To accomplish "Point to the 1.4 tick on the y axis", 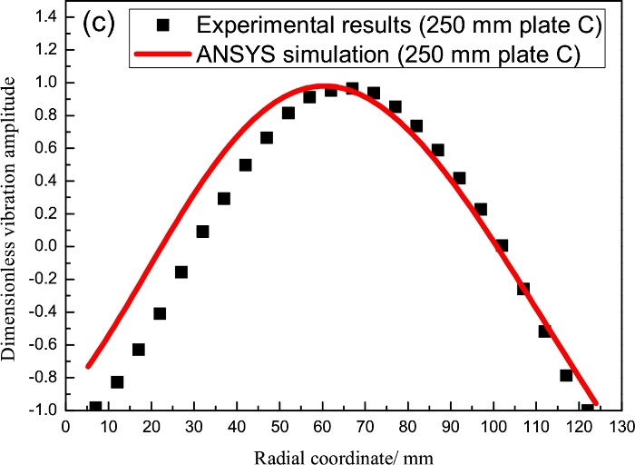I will (x=43, y=16).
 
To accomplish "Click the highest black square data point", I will (x=352, y=88).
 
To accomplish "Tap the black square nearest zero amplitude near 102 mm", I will (x=502, y=245).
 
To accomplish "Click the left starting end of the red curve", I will (x=87, y=366).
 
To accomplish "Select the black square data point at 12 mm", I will (x=117, y=381).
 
